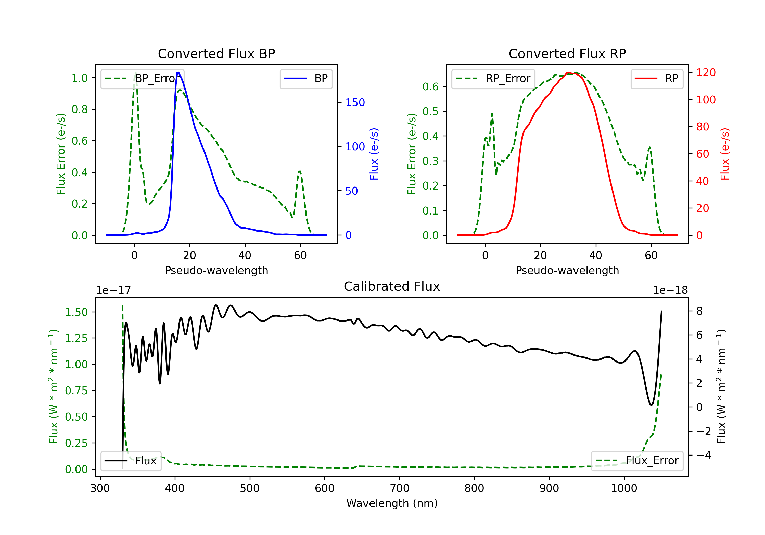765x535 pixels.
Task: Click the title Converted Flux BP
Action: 216,53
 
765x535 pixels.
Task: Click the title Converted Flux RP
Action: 567,53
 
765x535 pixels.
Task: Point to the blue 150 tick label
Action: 355,102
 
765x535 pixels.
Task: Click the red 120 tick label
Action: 706,73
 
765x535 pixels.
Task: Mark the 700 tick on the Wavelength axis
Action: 400,488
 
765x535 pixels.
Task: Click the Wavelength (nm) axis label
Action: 392,503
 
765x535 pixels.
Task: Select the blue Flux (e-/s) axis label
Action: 374,154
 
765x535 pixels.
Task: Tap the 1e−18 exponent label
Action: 670,290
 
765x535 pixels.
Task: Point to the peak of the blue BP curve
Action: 178,72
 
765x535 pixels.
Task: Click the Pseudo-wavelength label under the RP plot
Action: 567,270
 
